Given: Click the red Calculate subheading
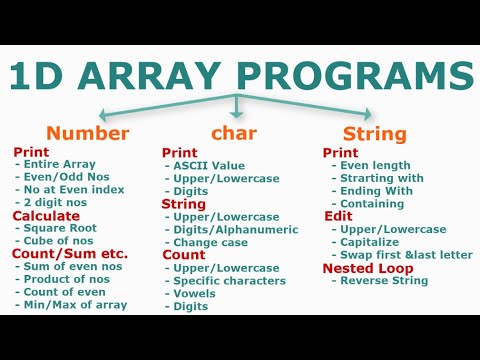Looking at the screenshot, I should click(x=46, y=215).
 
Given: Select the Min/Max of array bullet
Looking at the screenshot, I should click(x=79, y=304).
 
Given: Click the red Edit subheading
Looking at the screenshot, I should click(x=338, y=215).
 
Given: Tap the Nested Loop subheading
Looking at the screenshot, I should click(x=361, y=268).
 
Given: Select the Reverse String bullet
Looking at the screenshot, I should click(x=384, y=281).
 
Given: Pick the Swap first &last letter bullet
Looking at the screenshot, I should click(x=406, y=254).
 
